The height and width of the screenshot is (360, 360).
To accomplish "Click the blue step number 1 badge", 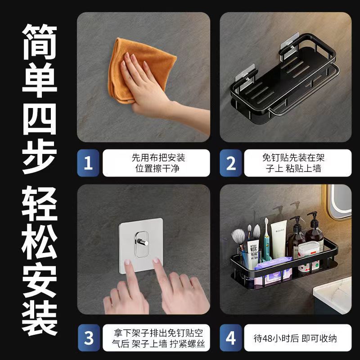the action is coord(88,163).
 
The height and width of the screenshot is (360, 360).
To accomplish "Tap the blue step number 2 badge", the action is coord(231,163).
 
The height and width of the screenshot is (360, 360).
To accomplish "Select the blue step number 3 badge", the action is coord(89,338).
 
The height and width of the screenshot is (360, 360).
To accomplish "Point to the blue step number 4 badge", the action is coord(231,338).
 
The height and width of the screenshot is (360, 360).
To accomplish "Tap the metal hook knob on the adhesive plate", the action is coord(142,242).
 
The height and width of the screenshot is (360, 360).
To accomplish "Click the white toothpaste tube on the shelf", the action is coord(279,239).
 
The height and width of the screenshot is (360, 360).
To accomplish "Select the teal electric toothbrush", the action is coord(267,241).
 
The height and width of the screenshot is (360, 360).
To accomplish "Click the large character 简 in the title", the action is coord(40,42).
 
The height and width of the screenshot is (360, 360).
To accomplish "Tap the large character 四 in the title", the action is coord(40,119).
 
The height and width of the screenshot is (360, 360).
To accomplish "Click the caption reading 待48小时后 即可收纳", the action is coord(295,338).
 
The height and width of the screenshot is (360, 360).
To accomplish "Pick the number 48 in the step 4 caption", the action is coord(268,339).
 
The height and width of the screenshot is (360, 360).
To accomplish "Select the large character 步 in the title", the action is coord(40,157).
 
